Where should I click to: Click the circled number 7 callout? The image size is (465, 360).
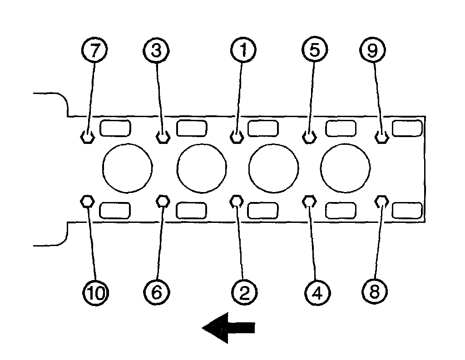point(94,50)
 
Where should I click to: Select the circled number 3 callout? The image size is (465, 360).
point(156,50)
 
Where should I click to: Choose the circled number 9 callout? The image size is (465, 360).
point(372,50)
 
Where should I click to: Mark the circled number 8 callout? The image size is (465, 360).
point(374,292)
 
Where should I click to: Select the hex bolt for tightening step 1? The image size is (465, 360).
point(237,136)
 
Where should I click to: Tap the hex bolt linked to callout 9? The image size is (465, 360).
point(382,136)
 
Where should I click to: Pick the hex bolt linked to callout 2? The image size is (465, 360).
point(237,201)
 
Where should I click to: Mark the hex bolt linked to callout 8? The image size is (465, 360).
point(382,201)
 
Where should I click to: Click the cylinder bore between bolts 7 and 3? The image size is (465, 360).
point(128,168)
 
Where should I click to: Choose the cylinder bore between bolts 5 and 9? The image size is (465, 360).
point(346,168)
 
